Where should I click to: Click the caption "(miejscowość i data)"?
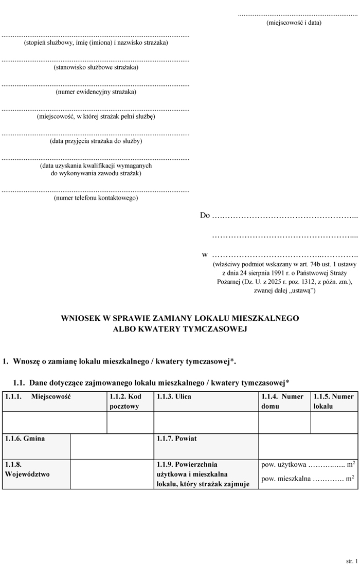pyautogui.click(x=294, y=23)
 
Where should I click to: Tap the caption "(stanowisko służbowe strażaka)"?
pyautogui.click(x=96, y=67)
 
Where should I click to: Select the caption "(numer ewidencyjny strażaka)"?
pyautogui.click(x=96, y=92)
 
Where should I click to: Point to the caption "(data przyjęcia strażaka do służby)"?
pyautogui.click(x=96, y=141)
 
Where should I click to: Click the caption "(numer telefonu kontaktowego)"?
pyautogui.click(x=96, y=198)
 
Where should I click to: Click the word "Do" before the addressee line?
pyautogui.click(x=205, y=215)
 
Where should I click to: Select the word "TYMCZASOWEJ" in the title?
pyautogui.click(x=214, y=329)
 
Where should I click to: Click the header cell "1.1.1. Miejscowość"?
pyautogui.click(x=55, y=402)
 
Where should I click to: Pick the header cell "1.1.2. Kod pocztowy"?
pyautogui.click(x=130, y=402)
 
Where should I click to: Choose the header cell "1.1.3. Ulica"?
pyautogui.click(x=206, y=402)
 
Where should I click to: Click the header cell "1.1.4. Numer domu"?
pyautogui.click(x=284, y=402)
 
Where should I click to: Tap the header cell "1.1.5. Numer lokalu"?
pyautogui.click(x=334, y=402)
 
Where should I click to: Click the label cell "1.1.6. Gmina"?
pyautogui.click(x=36, y=446)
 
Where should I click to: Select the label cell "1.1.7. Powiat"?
pyautogui.click(x=206, y=446)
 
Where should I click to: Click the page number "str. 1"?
pyautogui.click(x=351, y=556)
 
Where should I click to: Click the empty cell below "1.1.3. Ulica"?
pyautogui.click(x=206, y=423)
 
